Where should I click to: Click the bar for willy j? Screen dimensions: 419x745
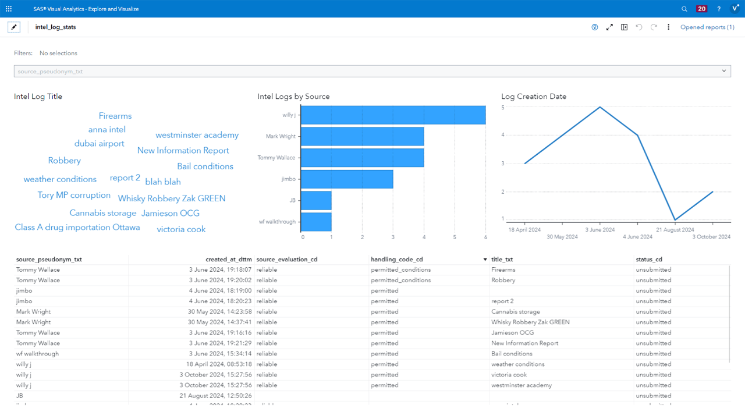coord(393,115)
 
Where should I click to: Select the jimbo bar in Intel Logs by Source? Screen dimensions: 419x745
coord(347,179)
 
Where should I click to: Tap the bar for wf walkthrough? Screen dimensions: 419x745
coord(316,222)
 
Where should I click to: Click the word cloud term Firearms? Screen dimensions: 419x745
coord(115,116)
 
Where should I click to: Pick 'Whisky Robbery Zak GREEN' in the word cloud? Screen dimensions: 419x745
coord(172,198)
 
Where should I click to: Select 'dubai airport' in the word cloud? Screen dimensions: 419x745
coord(100,144)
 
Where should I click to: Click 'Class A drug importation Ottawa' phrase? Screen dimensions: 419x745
coord(77,228)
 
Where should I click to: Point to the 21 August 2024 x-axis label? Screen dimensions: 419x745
coord(675,230)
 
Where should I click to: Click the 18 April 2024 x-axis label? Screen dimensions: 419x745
coord(524,230)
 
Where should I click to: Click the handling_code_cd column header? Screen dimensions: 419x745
coord(397,260)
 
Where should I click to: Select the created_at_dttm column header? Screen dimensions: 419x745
coord(228,260)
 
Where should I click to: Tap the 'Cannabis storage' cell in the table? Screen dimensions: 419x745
coord(516,312)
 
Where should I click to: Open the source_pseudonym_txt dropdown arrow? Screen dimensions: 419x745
coord(724,71)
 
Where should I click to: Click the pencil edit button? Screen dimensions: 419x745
coord(14,27)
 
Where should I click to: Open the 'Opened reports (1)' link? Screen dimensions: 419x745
coord(707,27)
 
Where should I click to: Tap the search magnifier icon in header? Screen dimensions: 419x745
coord(684,9)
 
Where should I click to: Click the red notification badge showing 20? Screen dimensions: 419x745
coord(702,9)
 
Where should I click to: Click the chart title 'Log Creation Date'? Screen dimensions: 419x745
coord(534,97)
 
